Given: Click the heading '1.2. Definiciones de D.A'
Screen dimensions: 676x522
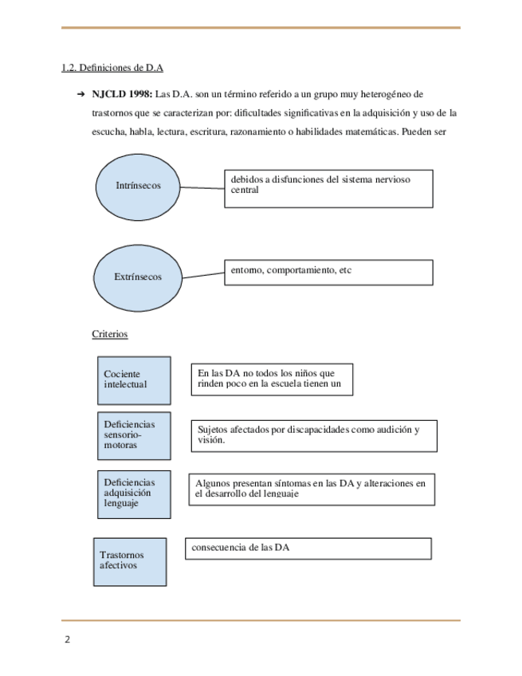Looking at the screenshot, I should coord(112,69).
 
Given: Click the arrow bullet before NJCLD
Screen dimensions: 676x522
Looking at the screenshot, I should coord(81,94).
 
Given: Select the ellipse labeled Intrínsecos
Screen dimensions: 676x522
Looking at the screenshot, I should coord(139,185).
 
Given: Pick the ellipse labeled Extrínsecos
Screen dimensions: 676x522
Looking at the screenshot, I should coord(139,276).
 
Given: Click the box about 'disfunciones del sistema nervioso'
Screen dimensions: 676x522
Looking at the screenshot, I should coord(328,187).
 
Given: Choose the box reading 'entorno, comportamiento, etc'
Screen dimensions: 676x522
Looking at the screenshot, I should coord(328,272).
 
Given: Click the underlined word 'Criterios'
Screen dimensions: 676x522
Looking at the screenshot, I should coord(110,334).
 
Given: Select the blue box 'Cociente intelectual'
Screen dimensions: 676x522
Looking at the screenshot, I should coord(130,380).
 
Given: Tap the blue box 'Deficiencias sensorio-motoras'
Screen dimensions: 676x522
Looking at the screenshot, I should coord(130,435).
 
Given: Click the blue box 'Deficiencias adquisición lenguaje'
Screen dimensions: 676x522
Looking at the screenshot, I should coord(130,493).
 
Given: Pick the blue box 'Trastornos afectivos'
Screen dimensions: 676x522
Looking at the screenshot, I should coord(128,561).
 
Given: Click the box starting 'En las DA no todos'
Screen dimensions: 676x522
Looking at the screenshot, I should coord(271,379).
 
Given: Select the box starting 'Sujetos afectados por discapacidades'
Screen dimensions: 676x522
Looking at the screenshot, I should coord(313,435).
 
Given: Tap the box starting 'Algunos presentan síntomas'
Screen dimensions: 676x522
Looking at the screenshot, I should coord(312,489).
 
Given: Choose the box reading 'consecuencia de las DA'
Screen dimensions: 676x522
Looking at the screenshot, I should coord(308,548).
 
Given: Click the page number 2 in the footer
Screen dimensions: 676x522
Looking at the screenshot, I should coord(68,640).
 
